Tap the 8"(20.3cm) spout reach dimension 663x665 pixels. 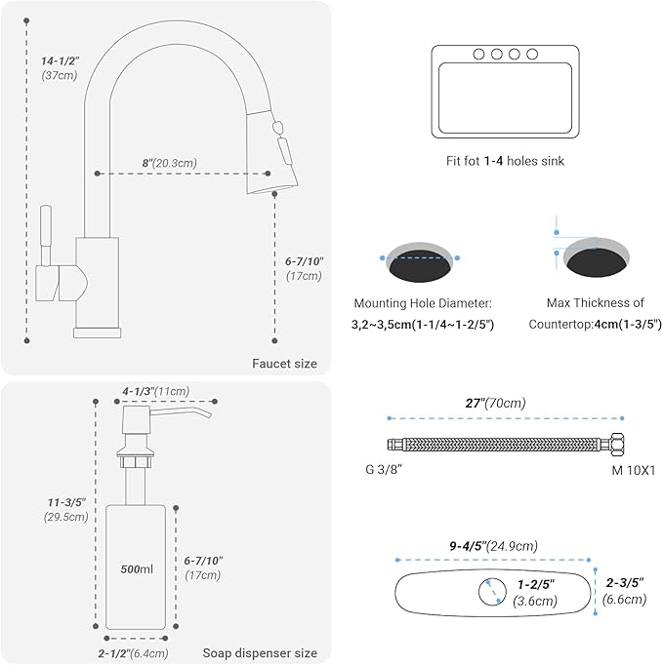[170, 163]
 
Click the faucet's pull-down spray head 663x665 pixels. [271, 152]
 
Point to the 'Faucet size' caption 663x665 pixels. [284, 364]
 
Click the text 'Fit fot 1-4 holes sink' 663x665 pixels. [505, 161]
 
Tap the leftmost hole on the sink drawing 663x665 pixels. [478, 55]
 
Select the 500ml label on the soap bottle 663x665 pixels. [137, 569]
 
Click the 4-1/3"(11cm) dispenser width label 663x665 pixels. [156, 391]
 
